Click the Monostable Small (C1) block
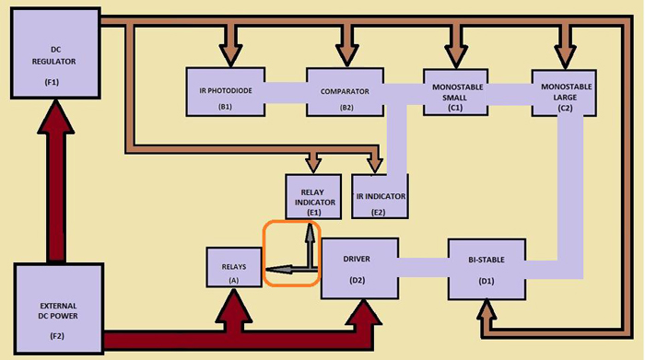[x=459, y=91]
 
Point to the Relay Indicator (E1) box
[x=314, y=195]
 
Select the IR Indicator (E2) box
[x=379, y=195]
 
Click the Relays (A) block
[x=233, y=267]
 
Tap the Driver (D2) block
[x=358, y=267]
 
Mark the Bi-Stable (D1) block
[x=487, y=268]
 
